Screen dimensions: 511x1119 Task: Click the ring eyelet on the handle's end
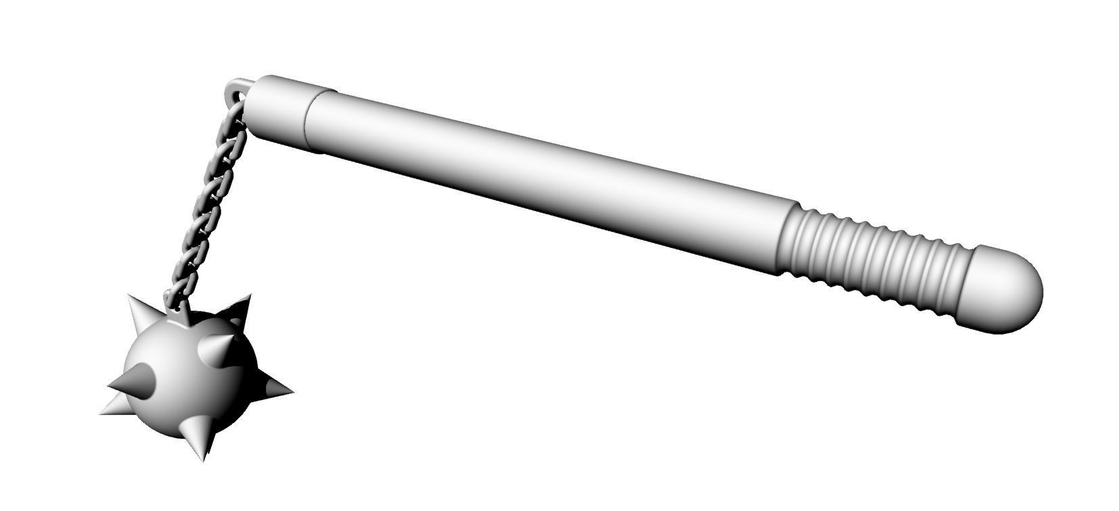point(237,87)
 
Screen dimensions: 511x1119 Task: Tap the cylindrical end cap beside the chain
point(281,112)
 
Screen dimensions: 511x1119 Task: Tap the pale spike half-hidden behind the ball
point(115,406)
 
